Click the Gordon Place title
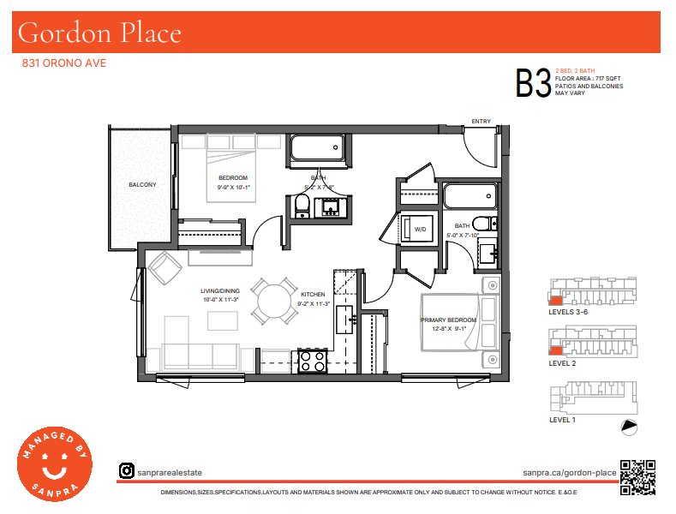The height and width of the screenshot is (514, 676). coord(99,33)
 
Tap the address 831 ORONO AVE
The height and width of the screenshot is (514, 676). coord(63,63)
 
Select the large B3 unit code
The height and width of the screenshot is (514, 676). coord(533,83)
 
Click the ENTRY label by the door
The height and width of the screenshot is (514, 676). coord(482,121)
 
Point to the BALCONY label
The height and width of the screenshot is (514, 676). coord(142,184)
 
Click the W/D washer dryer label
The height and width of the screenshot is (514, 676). coord(421,229)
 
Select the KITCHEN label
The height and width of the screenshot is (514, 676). coord(313,294)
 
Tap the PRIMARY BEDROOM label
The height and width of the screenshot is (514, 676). coord(448,320)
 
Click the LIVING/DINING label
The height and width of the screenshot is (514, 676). coord(220,290)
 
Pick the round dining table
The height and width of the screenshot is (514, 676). coord(274,301)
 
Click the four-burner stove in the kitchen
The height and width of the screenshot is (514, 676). coord(313,362)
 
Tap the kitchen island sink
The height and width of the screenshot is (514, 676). coord(345,319)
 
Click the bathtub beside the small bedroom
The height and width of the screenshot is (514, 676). coord(317,148)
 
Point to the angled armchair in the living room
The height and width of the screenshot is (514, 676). coord(165,268)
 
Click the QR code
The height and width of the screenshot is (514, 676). coord(637,477)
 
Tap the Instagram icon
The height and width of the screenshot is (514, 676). coord(126,470)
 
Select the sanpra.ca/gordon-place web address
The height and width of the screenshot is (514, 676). coord(570,473)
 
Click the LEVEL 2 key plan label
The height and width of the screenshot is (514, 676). coord(562,363)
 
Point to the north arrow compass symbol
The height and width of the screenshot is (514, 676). coord(629,427)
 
